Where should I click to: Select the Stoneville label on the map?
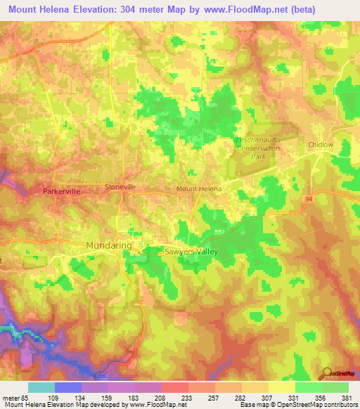[x=120, y=187]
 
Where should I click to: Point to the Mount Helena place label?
[x=198, y=189]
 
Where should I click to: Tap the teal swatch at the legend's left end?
[x=41, y=387]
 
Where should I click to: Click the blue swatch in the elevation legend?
[x=68, y=387]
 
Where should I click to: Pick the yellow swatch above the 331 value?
[x=282, y=387]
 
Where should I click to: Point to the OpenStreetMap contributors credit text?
[x=320, y=404]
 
